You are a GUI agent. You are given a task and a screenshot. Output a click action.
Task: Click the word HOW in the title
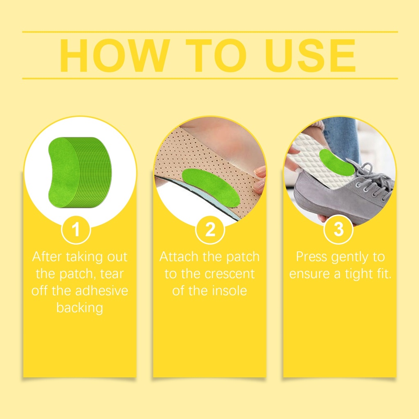coord(115,55)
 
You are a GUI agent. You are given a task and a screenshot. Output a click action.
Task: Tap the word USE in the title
coord(310,55)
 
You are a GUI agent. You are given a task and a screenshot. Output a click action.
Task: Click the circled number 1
coord(76,230)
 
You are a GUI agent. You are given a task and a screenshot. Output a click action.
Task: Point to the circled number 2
coord(210,230)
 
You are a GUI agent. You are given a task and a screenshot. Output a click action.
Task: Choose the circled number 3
coord(338,230)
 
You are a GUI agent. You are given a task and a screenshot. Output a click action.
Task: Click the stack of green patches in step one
coord(79,172)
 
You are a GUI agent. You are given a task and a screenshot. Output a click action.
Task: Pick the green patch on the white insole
coord(337,162)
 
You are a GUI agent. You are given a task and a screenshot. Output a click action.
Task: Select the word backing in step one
coord(80,308)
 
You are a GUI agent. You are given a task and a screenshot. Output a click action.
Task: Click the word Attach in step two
coord(179,257)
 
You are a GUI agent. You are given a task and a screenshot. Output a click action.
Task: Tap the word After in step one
coord(47,257)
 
